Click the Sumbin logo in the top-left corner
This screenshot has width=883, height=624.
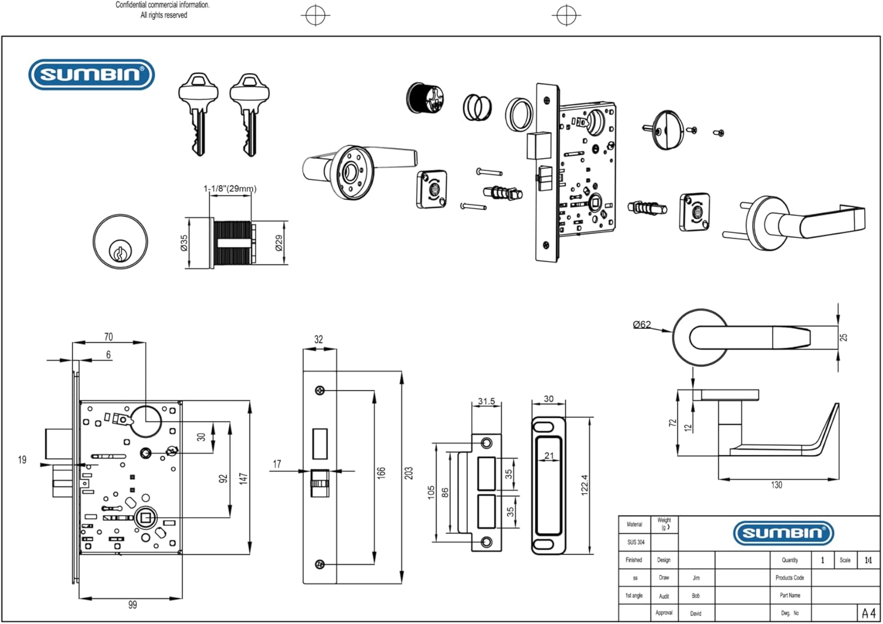coord(91,74)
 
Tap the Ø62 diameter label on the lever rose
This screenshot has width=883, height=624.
coord(642,324)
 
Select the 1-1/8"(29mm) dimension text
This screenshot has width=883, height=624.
coord(230,189)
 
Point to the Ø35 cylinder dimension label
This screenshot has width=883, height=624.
coord(184,243)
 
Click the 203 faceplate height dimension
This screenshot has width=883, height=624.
coord(409,473)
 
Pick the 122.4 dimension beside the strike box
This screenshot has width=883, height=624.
coord(585,485)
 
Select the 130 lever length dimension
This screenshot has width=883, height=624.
coord(776,485)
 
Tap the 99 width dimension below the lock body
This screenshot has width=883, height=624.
coord(132,605)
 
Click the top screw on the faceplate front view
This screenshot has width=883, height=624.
coord(320,390)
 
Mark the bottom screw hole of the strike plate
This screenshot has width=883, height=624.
coord(486,542)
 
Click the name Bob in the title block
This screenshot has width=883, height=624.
coord(696,596)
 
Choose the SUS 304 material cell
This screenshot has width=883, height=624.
coord(635,542)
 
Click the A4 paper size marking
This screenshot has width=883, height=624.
coord(868,613)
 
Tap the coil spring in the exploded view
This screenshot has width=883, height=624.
coord(477,107)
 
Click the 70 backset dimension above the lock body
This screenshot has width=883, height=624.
coord(108,337)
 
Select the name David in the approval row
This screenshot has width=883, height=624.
coord(696,613)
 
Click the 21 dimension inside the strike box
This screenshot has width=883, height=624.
coord(549,455)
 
